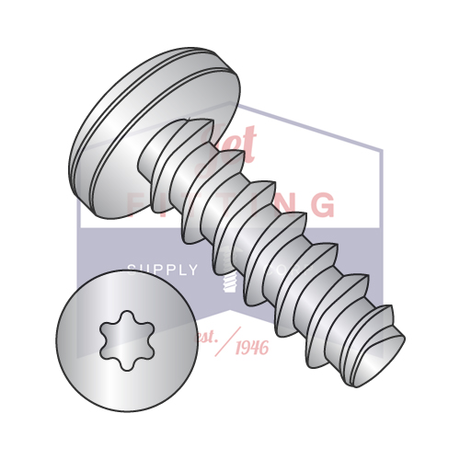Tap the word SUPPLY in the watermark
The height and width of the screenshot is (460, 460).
pyautogui.click(x=162, y=270)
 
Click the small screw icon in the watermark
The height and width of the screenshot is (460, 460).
pyautogui.click(x=228, y=280)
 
